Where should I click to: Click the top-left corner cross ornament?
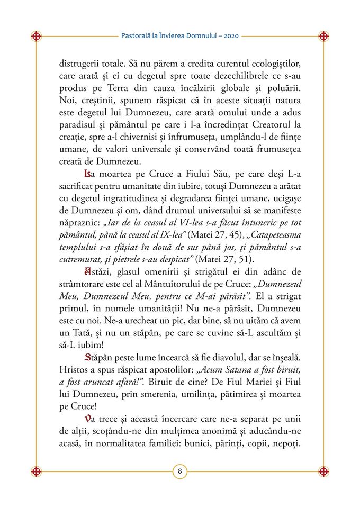(37, 37)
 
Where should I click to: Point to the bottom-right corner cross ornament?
(323, 471)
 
